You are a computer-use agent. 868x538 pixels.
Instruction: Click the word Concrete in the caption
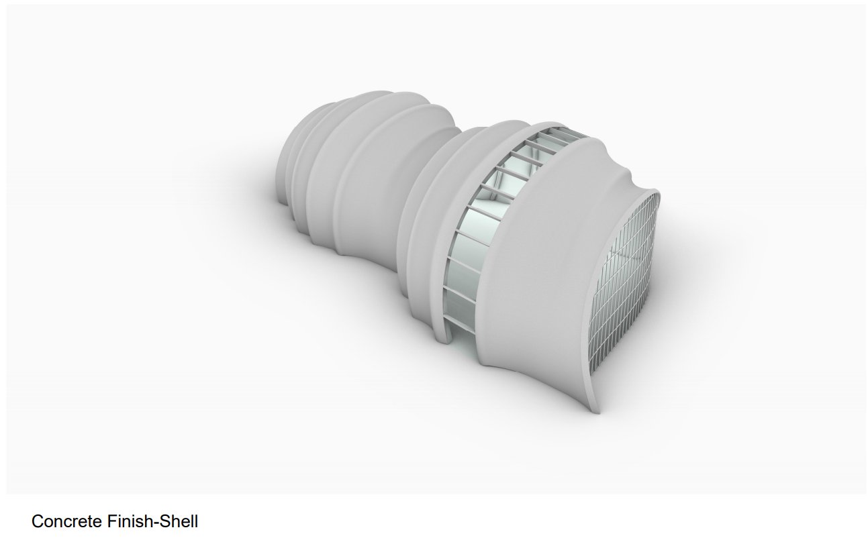[66, 521]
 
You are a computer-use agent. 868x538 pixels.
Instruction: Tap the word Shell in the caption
[179, 521]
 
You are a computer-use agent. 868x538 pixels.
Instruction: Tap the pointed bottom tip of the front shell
[597, 411]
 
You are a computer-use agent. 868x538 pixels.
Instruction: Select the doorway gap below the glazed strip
[463, 341]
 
